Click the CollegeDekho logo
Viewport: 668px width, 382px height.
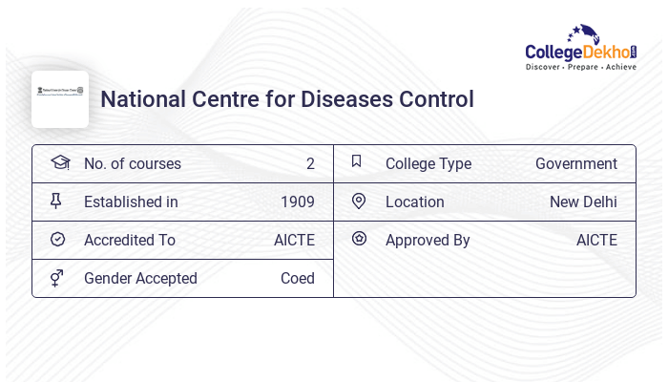580,49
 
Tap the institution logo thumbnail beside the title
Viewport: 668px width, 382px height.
60,99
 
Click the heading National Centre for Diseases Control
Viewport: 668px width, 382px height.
287,99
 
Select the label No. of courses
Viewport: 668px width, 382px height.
133,164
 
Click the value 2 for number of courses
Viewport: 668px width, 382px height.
310,164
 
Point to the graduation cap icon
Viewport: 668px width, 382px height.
60,162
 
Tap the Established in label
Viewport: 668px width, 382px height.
131,202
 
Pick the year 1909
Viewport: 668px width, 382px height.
297,202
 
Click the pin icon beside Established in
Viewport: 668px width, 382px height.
56,201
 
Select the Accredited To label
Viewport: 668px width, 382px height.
130,241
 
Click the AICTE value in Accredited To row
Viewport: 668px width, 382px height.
294,241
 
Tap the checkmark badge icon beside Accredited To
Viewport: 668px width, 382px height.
57,239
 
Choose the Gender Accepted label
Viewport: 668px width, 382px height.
140,279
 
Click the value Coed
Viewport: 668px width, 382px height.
297,279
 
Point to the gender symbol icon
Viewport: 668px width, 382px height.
57,277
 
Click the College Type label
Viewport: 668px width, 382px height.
428,164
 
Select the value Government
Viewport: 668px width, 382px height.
575,164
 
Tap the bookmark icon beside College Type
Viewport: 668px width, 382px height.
357,161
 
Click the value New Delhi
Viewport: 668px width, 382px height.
583,202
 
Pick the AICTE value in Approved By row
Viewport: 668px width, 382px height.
596,241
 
